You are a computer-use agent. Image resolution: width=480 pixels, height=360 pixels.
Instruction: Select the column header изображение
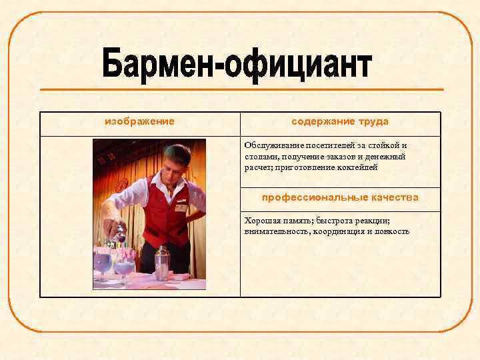(x=139, y=121)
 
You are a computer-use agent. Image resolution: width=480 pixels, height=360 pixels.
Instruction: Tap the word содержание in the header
(x=318, y=121)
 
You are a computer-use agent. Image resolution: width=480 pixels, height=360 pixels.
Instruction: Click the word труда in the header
(x=373, y=121)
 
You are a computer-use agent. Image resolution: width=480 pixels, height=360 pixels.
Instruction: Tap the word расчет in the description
(x=256, y=167)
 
